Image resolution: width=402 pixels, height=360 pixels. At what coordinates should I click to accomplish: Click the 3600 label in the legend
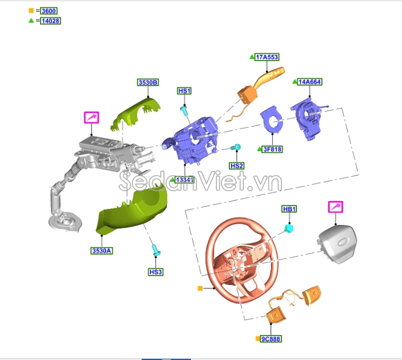(49, 11)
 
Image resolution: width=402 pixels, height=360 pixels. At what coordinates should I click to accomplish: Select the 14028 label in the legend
(51, 21)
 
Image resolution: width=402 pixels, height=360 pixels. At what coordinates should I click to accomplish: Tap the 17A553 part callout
(267, 57)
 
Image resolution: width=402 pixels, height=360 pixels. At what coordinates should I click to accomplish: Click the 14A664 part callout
(309, 82)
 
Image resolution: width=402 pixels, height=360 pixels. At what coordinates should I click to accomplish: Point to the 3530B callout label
(148, 82)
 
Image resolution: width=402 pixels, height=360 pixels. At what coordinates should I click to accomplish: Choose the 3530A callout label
(102, 251)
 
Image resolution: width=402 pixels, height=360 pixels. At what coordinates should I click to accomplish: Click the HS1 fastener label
(184, 91)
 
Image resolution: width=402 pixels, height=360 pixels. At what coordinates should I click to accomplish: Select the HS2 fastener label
(237, 166)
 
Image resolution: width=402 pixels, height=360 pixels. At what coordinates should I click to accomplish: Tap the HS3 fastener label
(155, 272)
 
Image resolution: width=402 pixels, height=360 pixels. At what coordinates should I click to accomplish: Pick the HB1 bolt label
(289, 209)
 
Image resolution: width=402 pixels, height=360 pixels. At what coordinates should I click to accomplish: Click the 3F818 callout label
(272, 149)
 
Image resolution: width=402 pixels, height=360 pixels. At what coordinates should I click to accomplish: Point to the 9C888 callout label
(271, 339)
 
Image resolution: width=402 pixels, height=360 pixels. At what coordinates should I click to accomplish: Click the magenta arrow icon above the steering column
(92, 118)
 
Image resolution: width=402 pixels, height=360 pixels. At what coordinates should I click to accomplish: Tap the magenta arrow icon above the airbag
(335, 207)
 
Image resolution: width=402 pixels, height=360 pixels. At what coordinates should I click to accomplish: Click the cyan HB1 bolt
(289, 228)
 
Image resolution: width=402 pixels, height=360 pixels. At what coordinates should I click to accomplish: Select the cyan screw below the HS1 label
(184, 111)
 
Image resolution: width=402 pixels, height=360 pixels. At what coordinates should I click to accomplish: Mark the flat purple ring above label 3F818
(272, 120)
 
